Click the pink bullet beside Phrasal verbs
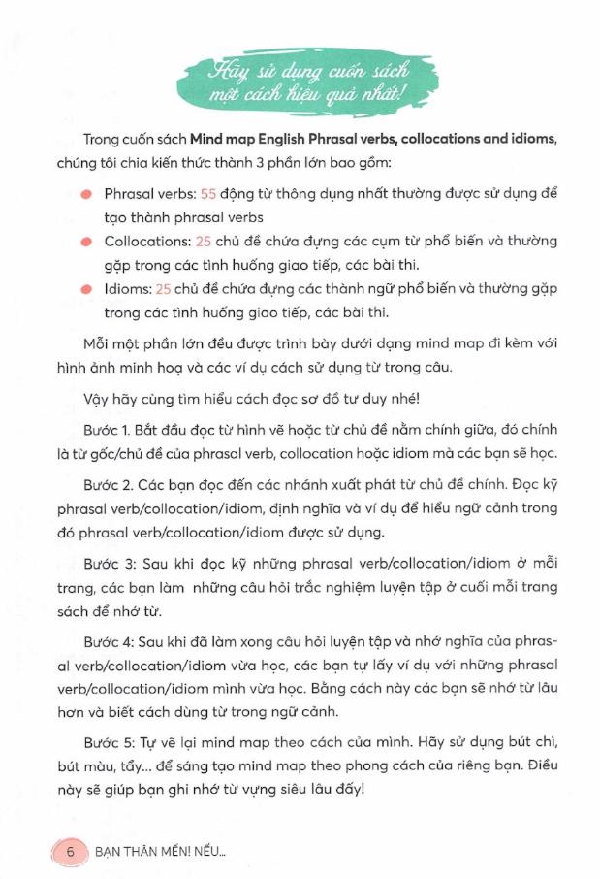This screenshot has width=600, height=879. point(87,193)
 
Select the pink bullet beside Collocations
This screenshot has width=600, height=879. point(87,241)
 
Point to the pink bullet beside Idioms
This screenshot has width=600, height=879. point(87,288)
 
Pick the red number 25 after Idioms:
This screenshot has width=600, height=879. point(164,288)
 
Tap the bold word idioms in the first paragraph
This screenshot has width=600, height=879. point(528,139)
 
